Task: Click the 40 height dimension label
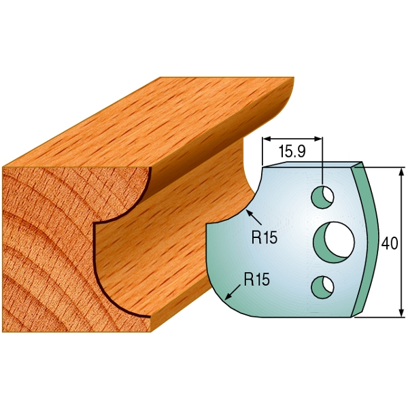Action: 390,243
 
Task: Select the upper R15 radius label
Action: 264,238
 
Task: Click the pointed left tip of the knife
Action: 207,225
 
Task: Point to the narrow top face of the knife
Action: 309,164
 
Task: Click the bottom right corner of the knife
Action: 353,315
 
